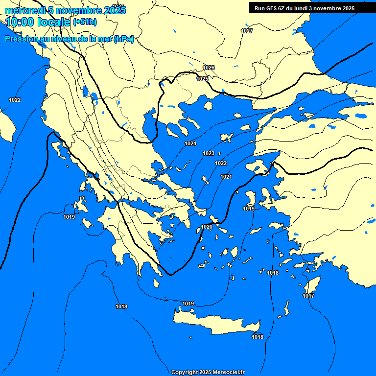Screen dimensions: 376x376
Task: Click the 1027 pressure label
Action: (247, 31)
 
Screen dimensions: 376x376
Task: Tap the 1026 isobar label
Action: (209, 68)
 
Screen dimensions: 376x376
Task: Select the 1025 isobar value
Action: (202, 79)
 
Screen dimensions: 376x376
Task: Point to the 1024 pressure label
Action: (190, 143)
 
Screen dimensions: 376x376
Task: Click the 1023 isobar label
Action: (209, 154)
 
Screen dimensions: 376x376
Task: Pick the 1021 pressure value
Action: (226, 177)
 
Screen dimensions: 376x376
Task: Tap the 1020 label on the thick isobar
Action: (207, 227)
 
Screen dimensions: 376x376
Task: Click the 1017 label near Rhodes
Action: (308, 296)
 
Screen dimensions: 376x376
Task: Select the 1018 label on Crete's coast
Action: (258, 337)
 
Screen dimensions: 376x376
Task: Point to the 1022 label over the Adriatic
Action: (15, 100)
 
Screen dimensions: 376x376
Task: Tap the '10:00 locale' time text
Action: (38, 22)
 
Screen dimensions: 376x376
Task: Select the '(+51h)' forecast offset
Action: (85, 22)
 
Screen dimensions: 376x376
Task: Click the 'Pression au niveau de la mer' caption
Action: (69, 39)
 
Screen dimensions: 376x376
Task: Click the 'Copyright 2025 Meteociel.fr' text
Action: (208, 372)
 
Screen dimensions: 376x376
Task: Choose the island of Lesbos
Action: (257, 166)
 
